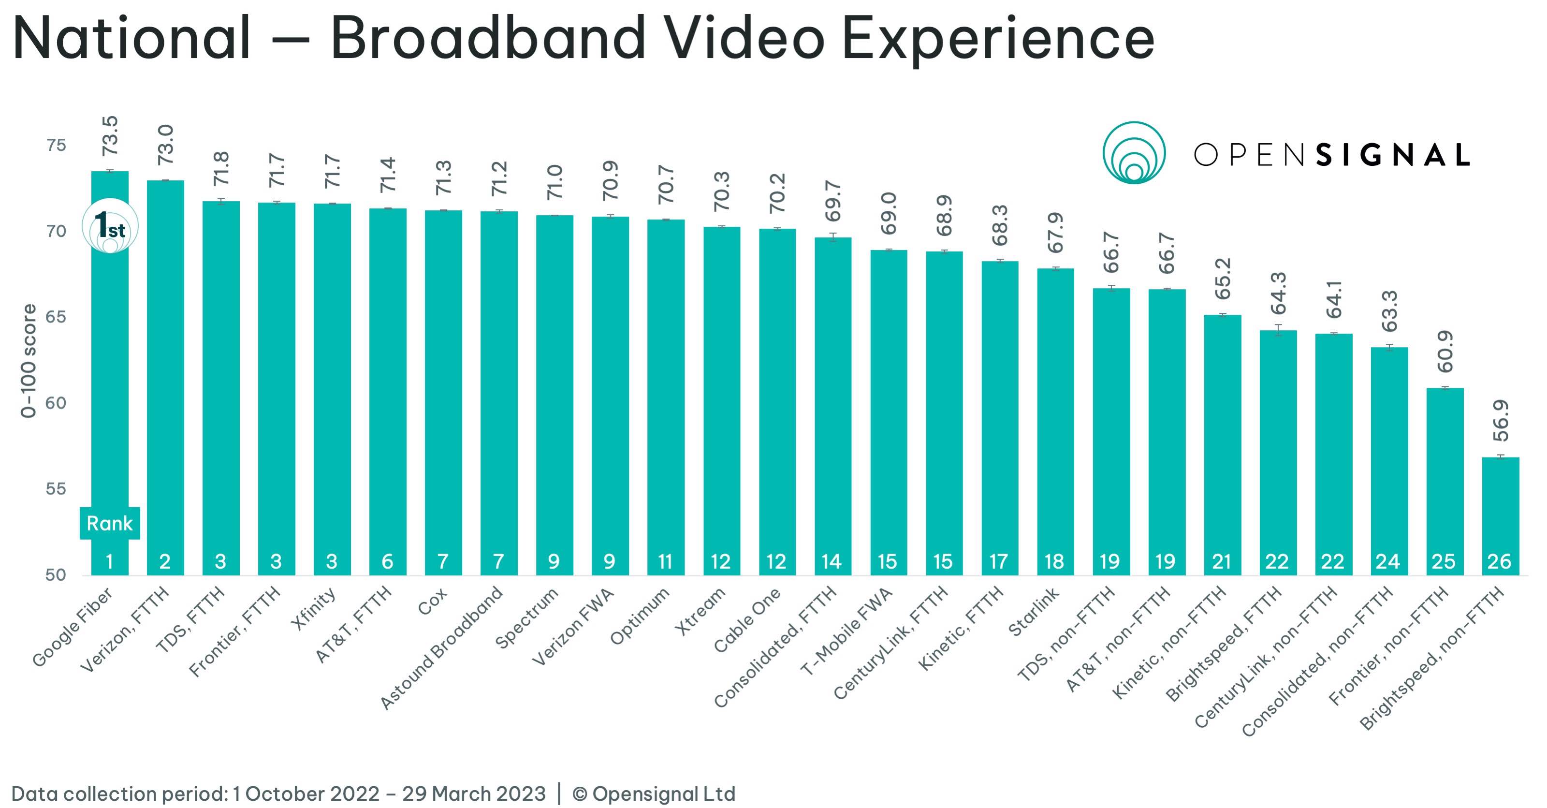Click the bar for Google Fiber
click(x=110, y=372)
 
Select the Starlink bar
click(x=1055, y=421)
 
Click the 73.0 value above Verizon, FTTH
click(x=165, y=145)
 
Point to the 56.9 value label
click(x=1500, y=421)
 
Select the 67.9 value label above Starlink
click(x=1055, y=233)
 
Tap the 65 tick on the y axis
click(x=55, y=317)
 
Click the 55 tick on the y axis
click(x=55, y=489)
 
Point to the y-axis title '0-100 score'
click(x=28, y=360)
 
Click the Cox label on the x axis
click(x=432, y=601)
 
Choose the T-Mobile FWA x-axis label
click(x=847, y=631)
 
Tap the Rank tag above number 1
click(x=109, y=523)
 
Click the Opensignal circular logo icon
click(x=1134, y=153)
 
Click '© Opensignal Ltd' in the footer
click(x=654, y=793)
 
